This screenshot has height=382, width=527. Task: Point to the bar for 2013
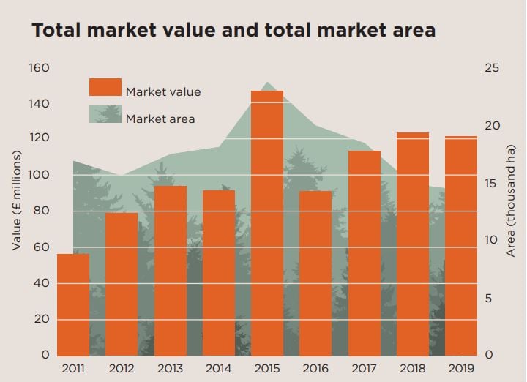tap(171, 270)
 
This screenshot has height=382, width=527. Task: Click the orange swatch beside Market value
tap(105, 88)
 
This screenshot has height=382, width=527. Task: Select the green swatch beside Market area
tap(105, 114)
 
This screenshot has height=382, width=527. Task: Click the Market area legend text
tap(160, 119)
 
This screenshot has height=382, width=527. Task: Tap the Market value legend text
tap(162, 92)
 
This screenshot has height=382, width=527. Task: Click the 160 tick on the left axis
tap(39, 68)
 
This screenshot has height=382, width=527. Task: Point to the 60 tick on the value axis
tap(42, 247)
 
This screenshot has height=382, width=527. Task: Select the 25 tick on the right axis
tap(493, 68)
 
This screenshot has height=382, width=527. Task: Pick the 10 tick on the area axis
tap(493, 241)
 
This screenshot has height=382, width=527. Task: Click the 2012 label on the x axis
tap(122, 369)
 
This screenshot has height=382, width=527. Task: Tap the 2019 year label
tap(460, 369)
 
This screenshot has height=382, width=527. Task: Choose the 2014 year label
tap(219, 369)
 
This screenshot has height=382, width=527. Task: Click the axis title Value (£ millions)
tap(16, 201)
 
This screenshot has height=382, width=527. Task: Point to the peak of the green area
tap(266, 83)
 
